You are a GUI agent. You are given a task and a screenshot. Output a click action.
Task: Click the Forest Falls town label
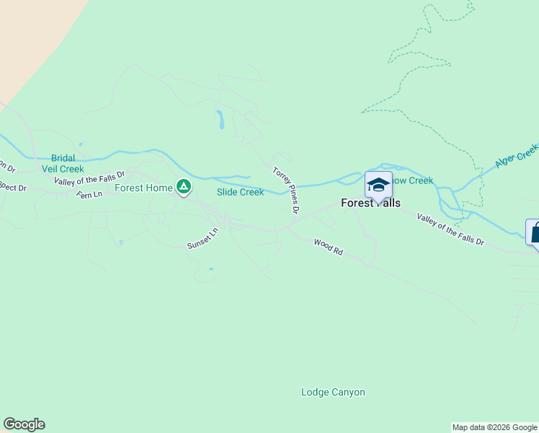click(x=370, y=204)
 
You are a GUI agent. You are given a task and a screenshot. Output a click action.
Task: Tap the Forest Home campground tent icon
click(x=184, y=188)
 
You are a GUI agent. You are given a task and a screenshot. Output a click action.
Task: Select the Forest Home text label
click(x=143, y=188)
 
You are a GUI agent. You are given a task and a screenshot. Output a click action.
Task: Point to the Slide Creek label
click(x=240, y=192)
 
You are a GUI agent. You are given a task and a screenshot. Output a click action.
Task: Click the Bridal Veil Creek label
click(x=67, y=164)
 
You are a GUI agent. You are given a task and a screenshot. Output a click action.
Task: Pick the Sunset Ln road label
click(x=202, y=240)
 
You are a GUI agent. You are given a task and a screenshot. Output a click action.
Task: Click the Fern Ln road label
click(x=90, y=194)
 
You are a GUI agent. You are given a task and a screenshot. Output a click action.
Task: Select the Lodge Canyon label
click(x=333, y=393)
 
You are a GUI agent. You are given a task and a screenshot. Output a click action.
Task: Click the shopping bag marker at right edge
click(x=534, y=234)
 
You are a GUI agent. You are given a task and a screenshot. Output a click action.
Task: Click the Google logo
click(x=24, y=424)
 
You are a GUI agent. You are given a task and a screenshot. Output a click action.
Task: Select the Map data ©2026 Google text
click(x=495, y=427)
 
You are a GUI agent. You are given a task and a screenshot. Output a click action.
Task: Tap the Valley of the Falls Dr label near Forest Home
click(x=89, y=178)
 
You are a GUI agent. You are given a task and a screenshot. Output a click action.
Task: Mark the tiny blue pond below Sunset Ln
click(x=210, y=269)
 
